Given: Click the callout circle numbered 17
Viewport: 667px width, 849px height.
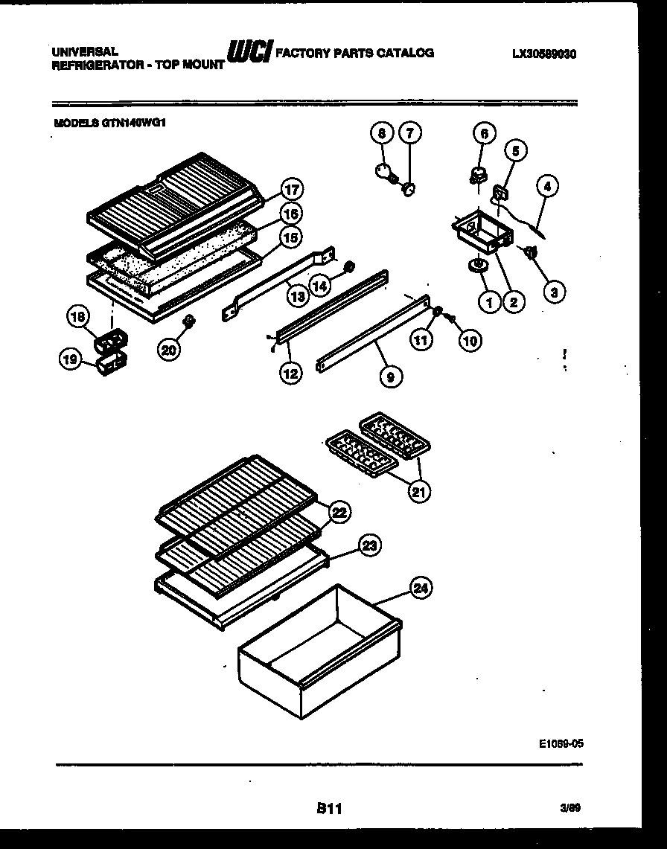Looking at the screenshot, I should click(293, 190).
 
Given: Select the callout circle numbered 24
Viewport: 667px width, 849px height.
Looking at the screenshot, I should click(421, 589).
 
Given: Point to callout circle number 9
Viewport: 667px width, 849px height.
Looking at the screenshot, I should click(389, 377).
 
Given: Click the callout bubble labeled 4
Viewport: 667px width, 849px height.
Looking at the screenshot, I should click(546, 188).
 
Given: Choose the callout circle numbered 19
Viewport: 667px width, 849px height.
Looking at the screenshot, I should click(70, 359).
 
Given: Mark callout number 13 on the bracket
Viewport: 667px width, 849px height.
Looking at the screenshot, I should click(298, 296).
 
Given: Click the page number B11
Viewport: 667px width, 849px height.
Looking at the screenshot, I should click(328, 809).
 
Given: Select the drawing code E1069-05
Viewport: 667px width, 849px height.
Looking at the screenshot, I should click(558, 742).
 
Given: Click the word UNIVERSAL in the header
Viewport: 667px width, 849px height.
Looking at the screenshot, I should click(85, 52).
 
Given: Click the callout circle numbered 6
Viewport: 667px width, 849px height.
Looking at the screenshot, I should click(484, 134).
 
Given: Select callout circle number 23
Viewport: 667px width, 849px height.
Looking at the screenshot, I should click(368, 547).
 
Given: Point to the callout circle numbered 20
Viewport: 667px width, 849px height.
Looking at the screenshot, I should click(169, 349).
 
